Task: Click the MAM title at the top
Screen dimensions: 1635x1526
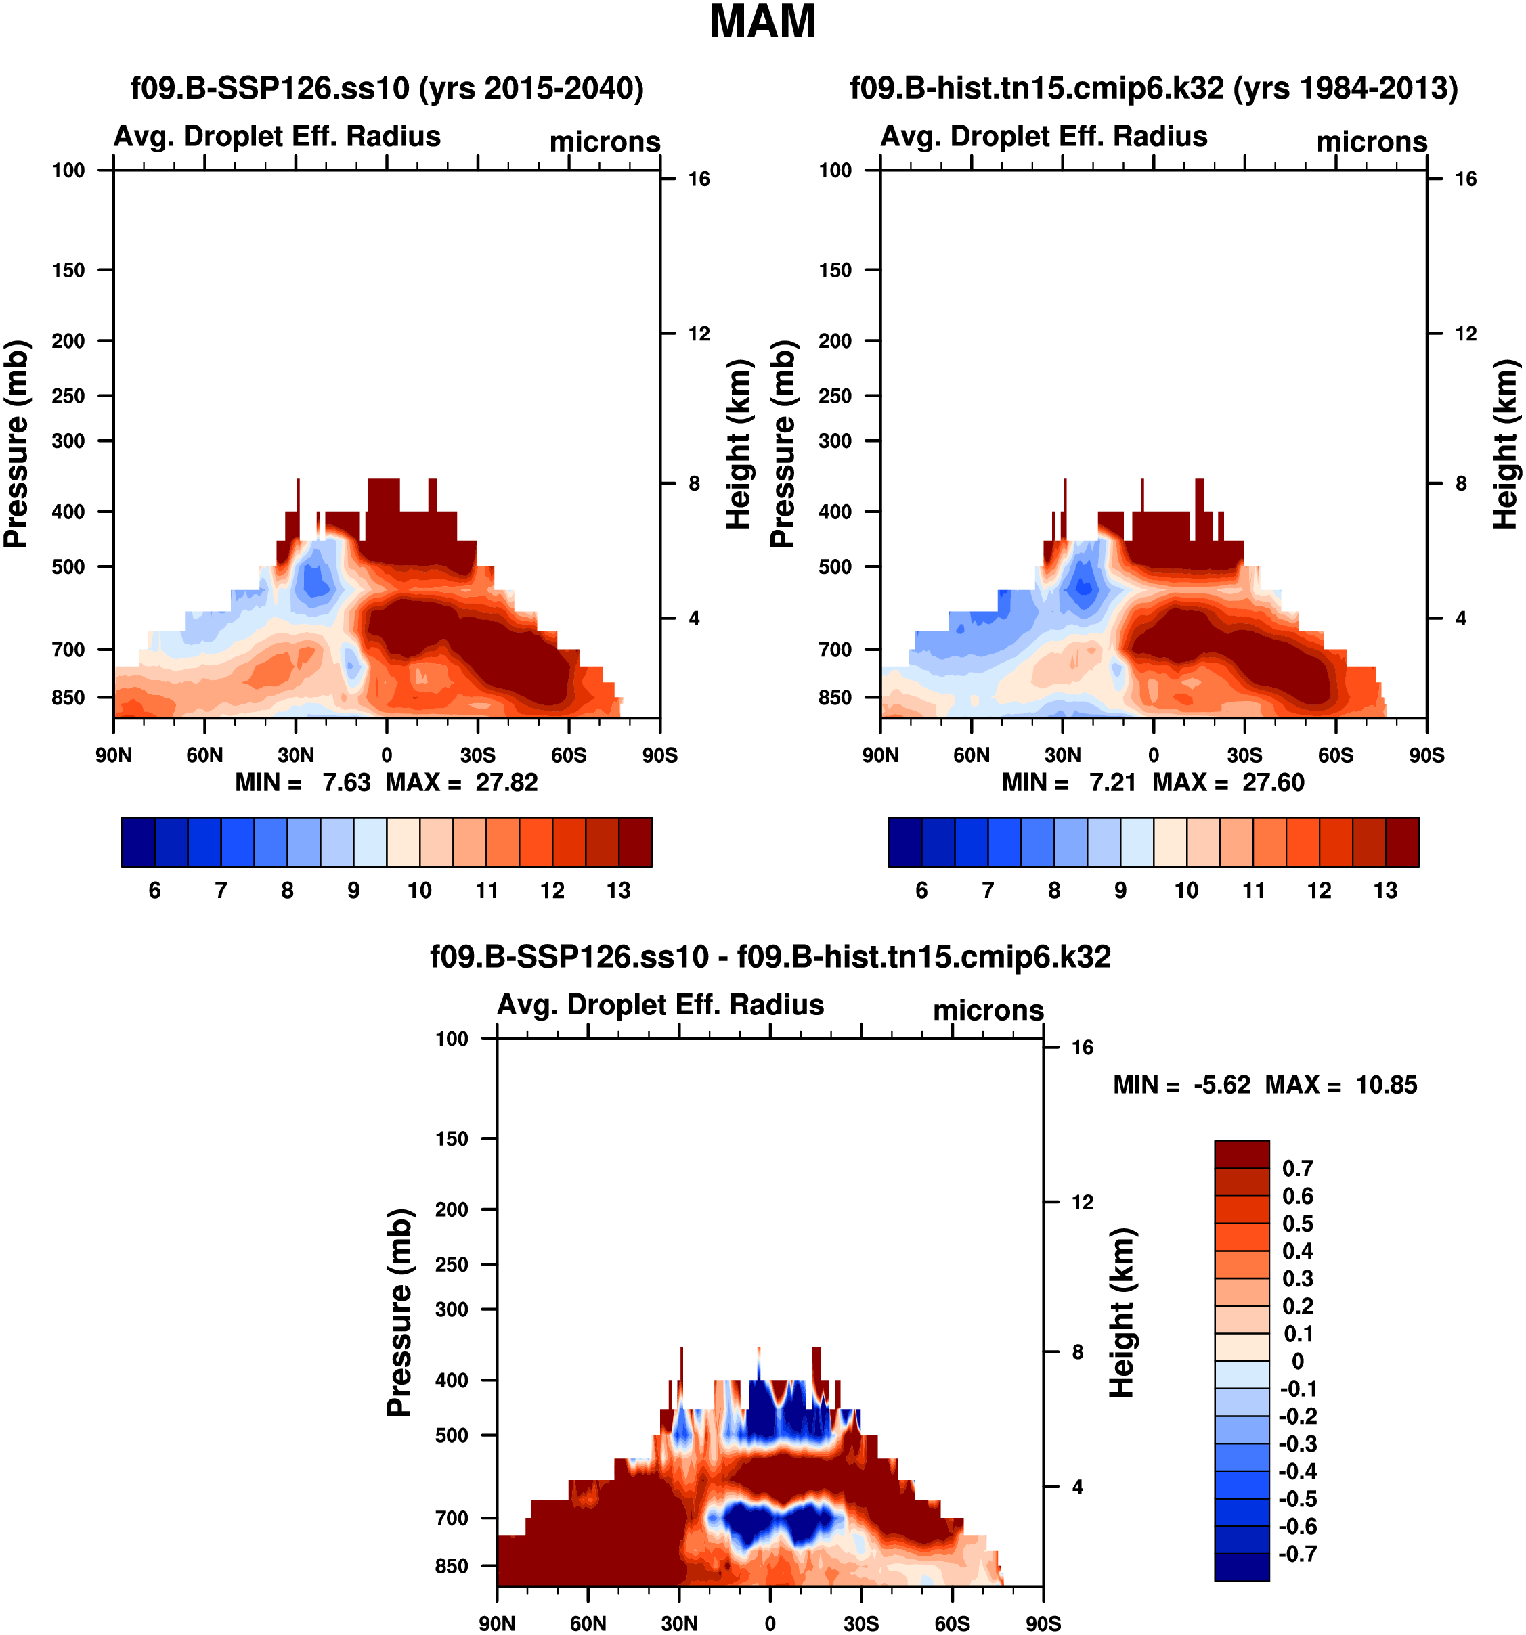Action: click(762, 22)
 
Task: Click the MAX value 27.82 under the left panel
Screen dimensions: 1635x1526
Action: click(506, 782)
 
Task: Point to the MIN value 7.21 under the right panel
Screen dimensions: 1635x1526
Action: click(1112, 782)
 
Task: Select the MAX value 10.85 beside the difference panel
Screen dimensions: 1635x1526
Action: click(1386, 1085)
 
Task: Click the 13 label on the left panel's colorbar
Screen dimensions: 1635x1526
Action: click(619, 891)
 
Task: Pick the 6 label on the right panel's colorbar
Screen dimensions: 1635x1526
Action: click(921, 891)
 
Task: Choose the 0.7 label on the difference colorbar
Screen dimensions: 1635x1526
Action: click(1298, 1168)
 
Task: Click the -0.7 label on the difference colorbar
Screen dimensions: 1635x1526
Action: click(1297, 1554)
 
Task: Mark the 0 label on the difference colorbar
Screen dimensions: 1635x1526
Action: click(1297, 1361)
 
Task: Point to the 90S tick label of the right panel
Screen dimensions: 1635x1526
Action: click(1426, 755)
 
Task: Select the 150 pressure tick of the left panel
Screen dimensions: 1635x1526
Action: click(68, 270)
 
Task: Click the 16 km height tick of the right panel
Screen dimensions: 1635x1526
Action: click(1466, 179)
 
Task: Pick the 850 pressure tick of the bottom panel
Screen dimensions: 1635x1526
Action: click(452, 1566)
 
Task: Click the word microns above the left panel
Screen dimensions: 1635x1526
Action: click(605, 141)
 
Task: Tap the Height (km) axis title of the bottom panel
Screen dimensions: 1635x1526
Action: click(1121, 1314)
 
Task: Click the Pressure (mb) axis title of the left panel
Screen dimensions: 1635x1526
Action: click(16, 444)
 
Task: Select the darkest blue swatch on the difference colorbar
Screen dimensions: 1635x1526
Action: click(1242, 1567)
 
